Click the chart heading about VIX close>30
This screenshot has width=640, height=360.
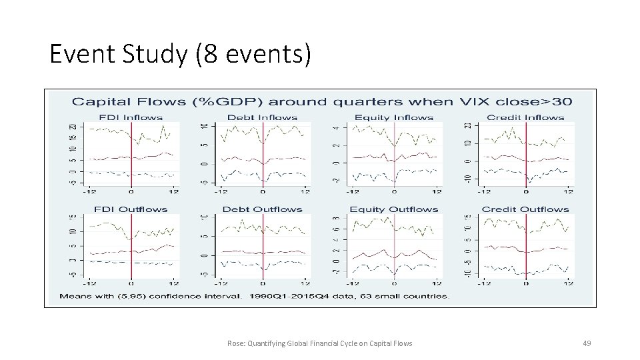coord(322,101)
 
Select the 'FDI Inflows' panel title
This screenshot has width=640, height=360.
coord(131,117)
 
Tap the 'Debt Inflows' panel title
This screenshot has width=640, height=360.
coord(262,117)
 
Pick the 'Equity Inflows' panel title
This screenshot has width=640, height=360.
coord(394,117)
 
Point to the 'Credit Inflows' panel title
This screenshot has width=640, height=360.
coord(525,117)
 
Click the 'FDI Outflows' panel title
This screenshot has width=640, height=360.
coord(131,209)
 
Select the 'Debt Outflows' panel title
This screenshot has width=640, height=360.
coord(262,209)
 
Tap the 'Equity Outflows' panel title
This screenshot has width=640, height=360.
coord(394,209)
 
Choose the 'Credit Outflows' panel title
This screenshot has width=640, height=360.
coord(525,209)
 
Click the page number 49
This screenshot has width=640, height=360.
coord(587,343)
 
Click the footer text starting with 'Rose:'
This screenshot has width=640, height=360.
coord(319,343)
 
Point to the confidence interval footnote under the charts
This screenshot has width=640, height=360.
coord(254,295)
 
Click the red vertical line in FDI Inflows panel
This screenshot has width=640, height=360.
coord(131,153)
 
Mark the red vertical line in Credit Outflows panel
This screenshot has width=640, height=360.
coord(526,245)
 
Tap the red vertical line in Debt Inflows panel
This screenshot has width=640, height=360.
coord(263,153)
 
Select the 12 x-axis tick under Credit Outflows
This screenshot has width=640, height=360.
coord(567,283)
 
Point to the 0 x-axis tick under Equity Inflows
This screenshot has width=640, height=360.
coord(395,191)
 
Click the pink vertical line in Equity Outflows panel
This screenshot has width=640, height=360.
coord(395,245)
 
